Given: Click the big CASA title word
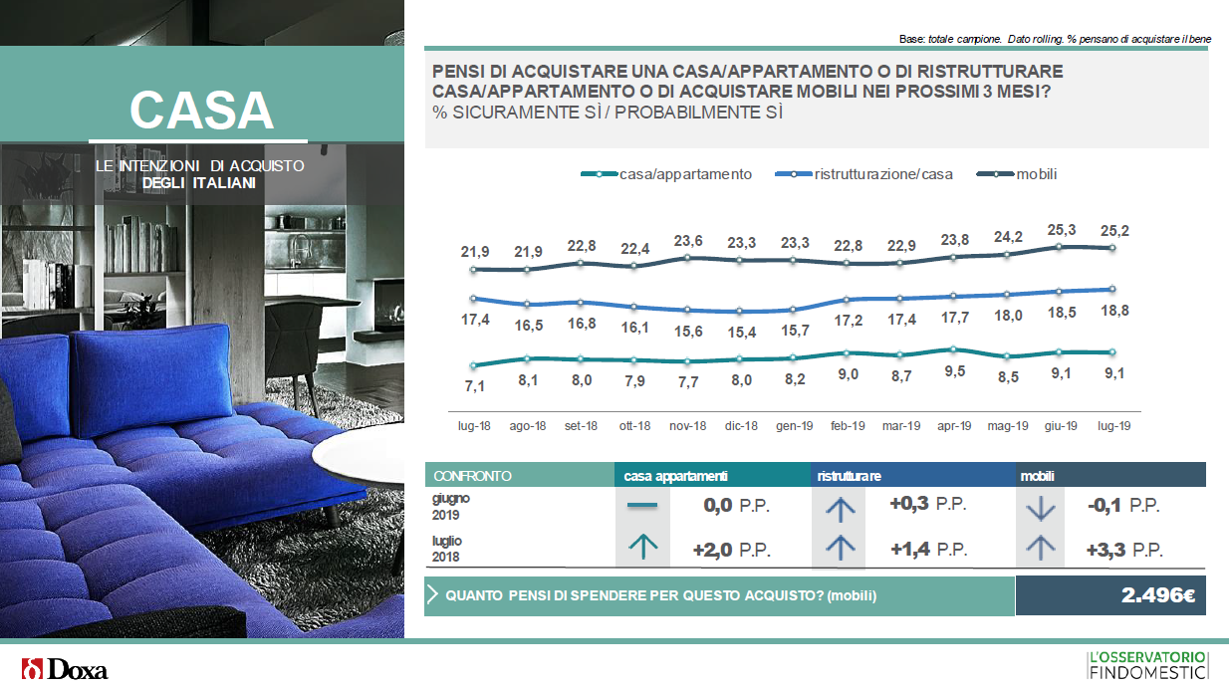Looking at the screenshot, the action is click(x=201, y=111).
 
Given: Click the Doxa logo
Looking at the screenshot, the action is click(x=65, y=669).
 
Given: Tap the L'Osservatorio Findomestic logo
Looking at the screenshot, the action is click(x=1147, y=665).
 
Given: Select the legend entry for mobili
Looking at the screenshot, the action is click(x=1017, y=174).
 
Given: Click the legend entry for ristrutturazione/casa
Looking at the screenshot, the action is click(x=863, y=174).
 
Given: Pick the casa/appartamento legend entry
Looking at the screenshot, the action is click(x=666, y=174).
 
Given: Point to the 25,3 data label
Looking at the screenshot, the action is click(x=1061, y=230).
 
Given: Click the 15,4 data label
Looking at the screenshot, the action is click(x=741, y=332).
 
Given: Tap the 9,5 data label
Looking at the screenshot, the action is click(x=955, y=371).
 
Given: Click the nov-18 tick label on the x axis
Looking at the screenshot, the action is click(x=687, y=426).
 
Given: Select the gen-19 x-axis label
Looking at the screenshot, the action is click(x=795, y=426).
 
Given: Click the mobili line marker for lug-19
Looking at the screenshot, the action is click(x=1112, y=248).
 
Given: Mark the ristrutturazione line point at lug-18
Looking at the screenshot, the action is click(x=473, y=299).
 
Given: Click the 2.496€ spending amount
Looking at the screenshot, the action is click(x=1157, y=595).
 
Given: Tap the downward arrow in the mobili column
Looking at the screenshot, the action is click(x=1040, y=507).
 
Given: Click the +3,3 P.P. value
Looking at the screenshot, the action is click(x=1124, y=550).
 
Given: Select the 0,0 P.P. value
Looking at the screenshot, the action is click(x=736, y=505).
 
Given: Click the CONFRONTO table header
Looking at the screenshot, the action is click(x=472, y=476).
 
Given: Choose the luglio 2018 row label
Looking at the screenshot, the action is click(x=446, y=549).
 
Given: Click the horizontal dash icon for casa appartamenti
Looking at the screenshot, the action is click(x=642, y=505).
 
